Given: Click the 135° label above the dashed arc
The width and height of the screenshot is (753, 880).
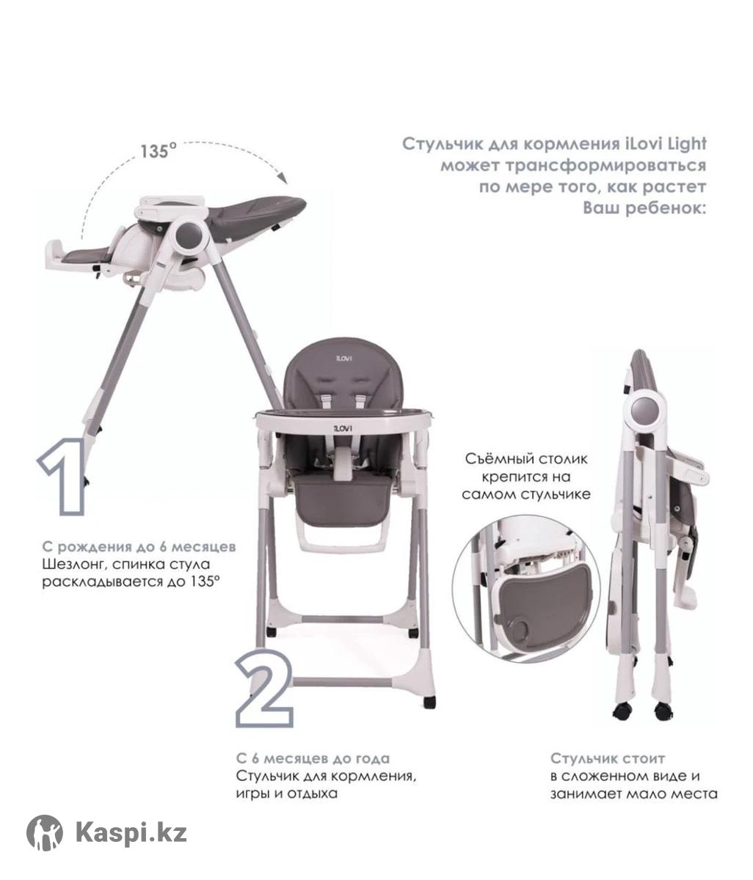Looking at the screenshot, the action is click(x=158, y=151).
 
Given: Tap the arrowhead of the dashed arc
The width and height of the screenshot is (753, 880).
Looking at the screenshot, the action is click(x=283, y=177).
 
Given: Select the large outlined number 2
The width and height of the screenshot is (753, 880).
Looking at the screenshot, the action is click(x=264, y=694).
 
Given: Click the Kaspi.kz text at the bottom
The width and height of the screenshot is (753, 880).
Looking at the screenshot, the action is click(x=131, y=832).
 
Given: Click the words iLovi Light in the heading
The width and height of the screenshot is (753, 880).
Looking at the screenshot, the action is click(x=665, y=144).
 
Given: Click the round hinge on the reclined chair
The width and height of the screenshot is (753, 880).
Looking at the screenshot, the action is click(x=189, y=235).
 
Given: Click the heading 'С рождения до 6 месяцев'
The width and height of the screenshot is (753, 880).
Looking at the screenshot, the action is click(x=139, y=546).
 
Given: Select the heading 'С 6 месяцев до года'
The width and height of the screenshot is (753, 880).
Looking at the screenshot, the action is click(x=313, y=758).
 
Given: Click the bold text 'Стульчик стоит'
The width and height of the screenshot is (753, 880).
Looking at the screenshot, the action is click(x=607, y=758).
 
